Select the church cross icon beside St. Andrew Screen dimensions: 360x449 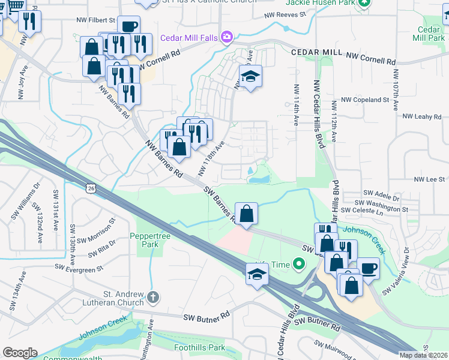click(x=153, y=296)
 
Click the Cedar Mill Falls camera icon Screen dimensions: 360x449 click(x=226, y=37)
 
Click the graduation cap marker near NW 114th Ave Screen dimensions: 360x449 click(x=251, y=76)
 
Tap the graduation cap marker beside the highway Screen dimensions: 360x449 click(x=257, y=274)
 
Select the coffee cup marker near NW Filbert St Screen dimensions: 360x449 click(x=128, y=26)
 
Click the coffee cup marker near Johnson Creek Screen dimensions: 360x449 click(x=368, y=268)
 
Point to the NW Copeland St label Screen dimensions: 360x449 click(x=365, y=100)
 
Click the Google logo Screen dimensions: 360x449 click(x=20, y=353)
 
